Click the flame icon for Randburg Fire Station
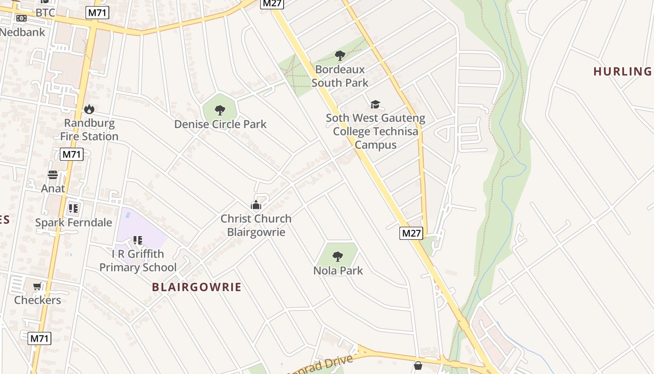89,109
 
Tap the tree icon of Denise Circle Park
220,110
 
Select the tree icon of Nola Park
338,256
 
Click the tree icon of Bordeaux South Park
340,56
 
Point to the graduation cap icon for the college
375,104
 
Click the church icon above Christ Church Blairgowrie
256,205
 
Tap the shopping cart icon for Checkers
37,286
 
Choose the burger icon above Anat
53,175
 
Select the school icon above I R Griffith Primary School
137,240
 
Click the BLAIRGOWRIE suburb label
197,287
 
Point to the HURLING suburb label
623,72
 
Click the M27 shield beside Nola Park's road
411,233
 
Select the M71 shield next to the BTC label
97,13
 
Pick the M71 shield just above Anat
71,154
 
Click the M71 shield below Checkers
39,338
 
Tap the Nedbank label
22,32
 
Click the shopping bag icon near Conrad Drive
418,365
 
